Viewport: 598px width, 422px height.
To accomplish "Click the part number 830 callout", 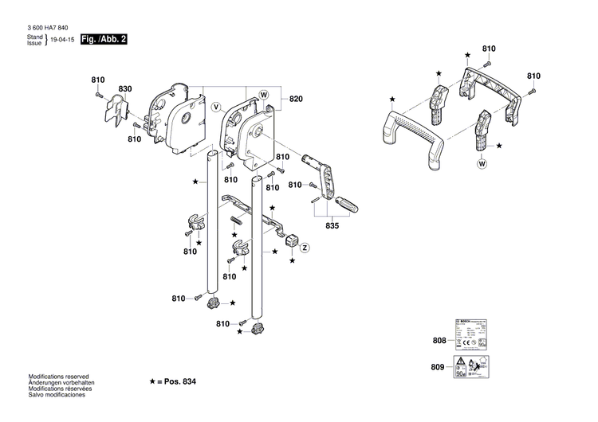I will (x=125, y=88).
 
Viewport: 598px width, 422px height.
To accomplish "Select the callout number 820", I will (x=296, y=99).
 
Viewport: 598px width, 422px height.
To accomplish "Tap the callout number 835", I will (x=332, y=227).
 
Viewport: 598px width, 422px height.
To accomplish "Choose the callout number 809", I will (x=439, y=369).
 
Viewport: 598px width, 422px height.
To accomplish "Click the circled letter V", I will (x=215, y=107).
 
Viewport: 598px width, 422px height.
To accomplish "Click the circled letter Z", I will (x=305, y=248).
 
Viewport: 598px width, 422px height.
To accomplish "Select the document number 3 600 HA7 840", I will (x=47, y=27).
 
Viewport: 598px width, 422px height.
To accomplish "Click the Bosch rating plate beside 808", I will (x=473, y=332).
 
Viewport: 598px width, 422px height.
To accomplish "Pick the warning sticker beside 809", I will (x=473, y=368).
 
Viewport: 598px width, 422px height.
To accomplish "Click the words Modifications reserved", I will (x=58, y=377).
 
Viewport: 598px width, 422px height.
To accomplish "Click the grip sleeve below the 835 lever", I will (x=346, y=204).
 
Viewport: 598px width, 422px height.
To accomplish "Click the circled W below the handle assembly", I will (x=482, y=164).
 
